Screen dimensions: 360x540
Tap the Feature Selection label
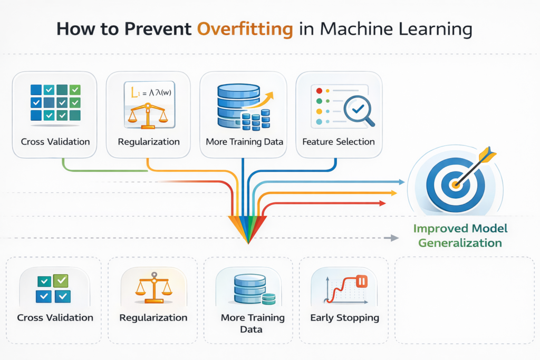(339, 141)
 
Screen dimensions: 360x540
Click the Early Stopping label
(344, 318)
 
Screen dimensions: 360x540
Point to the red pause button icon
(361, 281)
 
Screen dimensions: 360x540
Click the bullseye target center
(455, 184)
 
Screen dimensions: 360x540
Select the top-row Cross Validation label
(55, 141)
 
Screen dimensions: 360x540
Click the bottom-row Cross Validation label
(55, 318)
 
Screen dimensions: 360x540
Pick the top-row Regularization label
(149, 141)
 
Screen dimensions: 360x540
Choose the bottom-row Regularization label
(153, 318)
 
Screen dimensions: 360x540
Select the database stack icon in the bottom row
(249, 288)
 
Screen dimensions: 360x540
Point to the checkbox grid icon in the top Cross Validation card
(55, 102)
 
